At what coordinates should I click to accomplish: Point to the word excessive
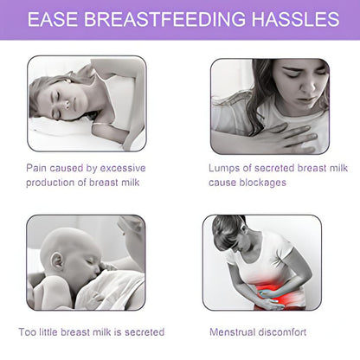(121, 167)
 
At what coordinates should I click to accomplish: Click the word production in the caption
(54, 183)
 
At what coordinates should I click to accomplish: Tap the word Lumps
(223, 167)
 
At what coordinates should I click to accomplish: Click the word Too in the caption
(28, 331)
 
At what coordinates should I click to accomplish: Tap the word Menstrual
(232, 331)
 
